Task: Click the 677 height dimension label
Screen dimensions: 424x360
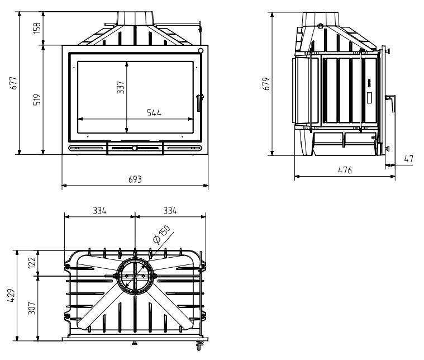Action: tap(13, 83)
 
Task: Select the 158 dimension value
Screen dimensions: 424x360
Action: tap(37, 28)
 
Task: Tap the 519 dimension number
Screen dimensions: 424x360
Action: tap(37, 100)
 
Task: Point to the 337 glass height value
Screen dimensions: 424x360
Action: tap(120, 87)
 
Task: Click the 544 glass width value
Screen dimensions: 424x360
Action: tap(154, 112)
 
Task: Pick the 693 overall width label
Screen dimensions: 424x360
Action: tap(135, 179)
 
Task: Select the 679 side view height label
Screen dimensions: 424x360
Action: tap(266, 84)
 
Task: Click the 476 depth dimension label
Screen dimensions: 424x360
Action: tap(345, 170)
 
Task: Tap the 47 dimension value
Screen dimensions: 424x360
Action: tap(408, 159)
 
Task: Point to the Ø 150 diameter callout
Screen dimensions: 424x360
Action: tap(161, 234)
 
